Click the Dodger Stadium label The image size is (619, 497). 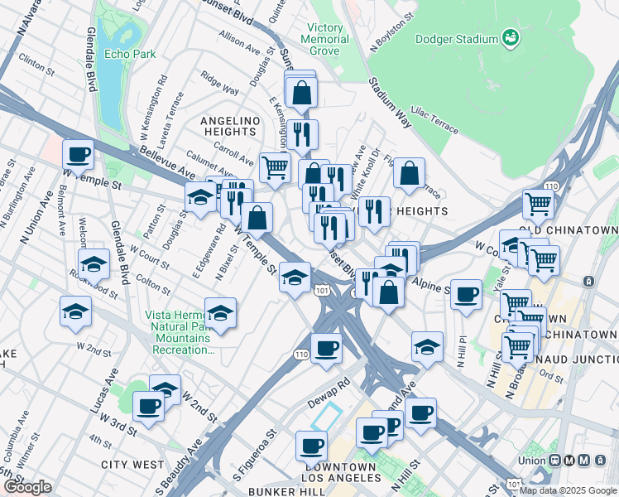coord(457,39)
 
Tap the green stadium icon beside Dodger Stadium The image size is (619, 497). coord(511,37)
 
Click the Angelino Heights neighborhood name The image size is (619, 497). coord(229,126)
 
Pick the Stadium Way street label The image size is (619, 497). coord(390,103)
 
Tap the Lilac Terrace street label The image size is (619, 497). coord(435,123)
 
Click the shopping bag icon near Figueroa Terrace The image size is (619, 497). coord(410,174)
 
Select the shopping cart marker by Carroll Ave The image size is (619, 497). coord(275,168)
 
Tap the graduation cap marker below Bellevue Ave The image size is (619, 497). coord(199,198)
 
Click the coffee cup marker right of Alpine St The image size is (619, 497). coord(467,294)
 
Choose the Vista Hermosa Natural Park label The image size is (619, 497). coord(180,332)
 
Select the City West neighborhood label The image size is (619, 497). coord(132,466)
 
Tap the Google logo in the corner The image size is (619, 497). coord(27,486)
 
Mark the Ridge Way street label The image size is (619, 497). coord(219,83)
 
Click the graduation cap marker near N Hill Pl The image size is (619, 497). coord(427,346)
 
